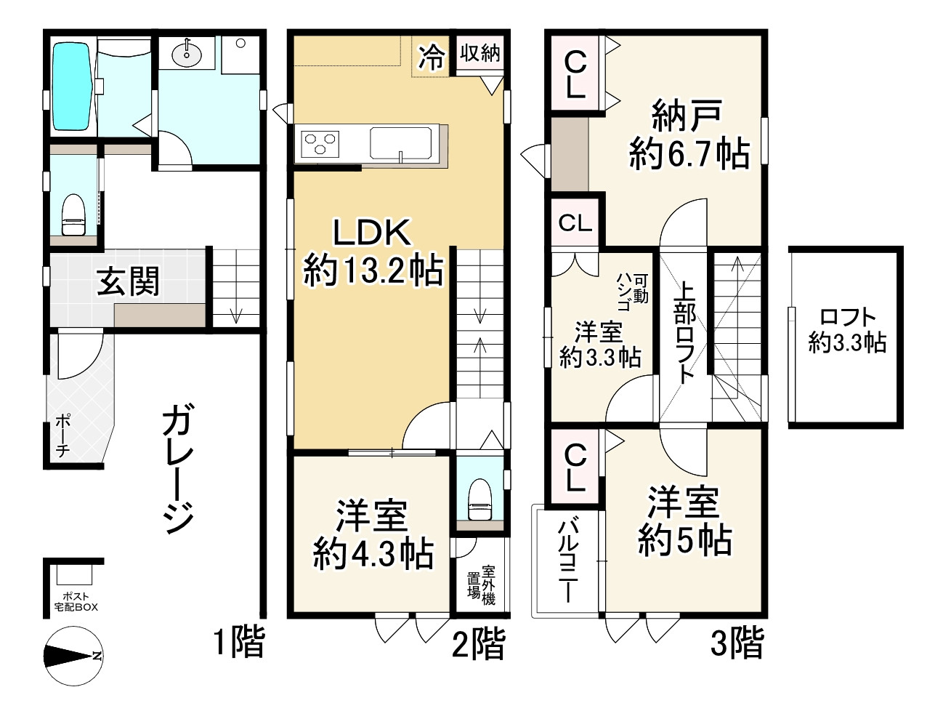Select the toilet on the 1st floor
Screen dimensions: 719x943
coord(73,216)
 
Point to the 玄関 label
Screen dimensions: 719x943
coord(129,281)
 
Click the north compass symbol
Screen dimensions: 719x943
coord(73,656)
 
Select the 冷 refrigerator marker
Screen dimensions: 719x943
coord(432,57)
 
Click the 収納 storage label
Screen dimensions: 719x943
coord(479,52)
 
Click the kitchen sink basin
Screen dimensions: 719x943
coord(400,142)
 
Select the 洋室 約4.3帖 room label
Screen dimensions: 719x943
coord(373,534)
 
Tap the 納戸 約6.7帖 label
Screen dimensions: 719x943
coord(688,135)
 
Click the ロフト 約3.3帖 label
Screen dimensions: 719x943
coord(847,330)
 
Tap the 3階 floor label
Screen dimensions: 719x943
coord(737,643)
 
